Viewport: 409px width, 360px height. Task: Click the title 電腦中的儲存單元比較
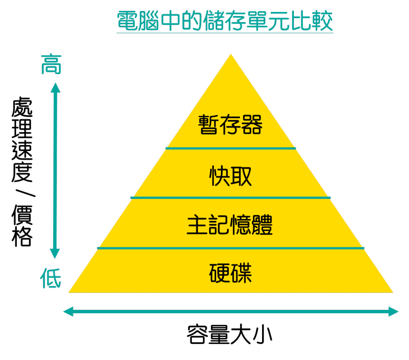[225, 21]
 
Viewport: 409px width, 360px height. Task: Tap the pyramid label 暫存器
[230, 124]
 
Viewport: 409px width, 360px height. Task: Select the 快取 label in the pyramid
[230, 176]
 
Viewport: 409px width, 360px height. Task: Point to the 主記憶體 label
[230, 225]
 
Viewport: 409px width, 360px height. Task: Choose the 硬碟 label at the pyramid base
[230, 273]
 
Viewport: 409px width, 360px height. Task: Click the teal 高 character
[51, 64]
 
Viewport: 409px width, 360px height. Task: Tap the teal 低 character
[51, 278]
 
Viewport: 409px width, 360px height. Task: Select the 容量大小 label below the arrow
[230, 334]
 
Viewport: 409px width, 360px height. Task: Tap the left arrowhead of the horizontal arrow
[68, 312]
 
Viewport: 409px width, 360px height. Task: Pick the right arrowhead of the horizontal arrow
[393, 312]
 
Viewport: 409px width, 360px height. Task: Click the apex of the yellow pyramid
[231, 54]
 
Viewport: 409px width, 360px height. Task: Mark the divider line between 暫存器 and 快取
[230, 148]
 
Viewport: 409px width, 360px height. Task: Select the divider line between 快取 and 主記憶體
[230, 198]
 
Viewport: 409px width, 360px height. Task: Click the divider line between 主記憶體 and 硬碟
[231, 248]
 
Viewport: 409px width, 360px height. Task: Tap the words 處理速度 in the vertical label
[22, 139]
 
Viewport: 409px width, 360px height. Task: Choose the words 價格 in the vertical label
[22, 225]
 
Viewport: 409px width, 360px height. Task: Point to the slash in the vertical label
[25, 193]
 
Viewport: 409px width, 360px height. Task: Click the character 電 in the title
[127, 21]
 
